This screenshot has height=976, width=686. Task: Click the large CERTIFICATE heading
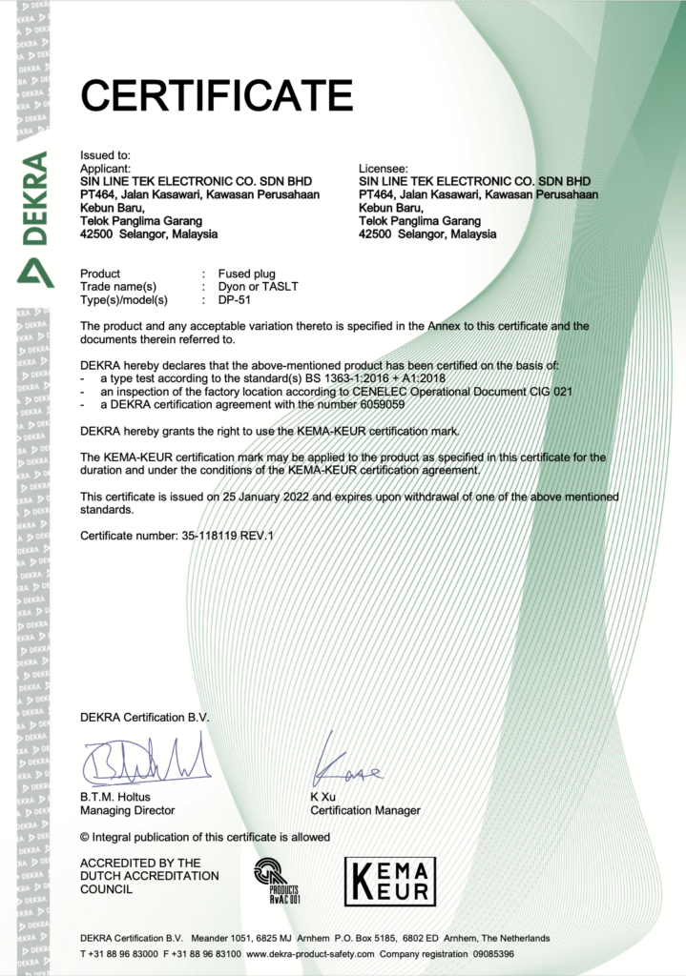[x=217, y=95]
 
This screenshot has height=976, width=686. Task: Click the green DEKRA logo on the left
[x=34, y=218]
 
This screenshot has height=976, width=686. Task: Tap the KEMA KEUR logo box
[x=388, y=881]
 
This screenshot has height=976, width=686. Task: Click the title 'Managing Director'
[x=128, y=810]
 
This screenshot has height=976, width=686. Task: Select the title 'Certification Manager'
[x=365, y=810]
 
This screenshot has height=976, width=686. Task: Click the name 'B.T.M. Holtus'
[x=115, y=797]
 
